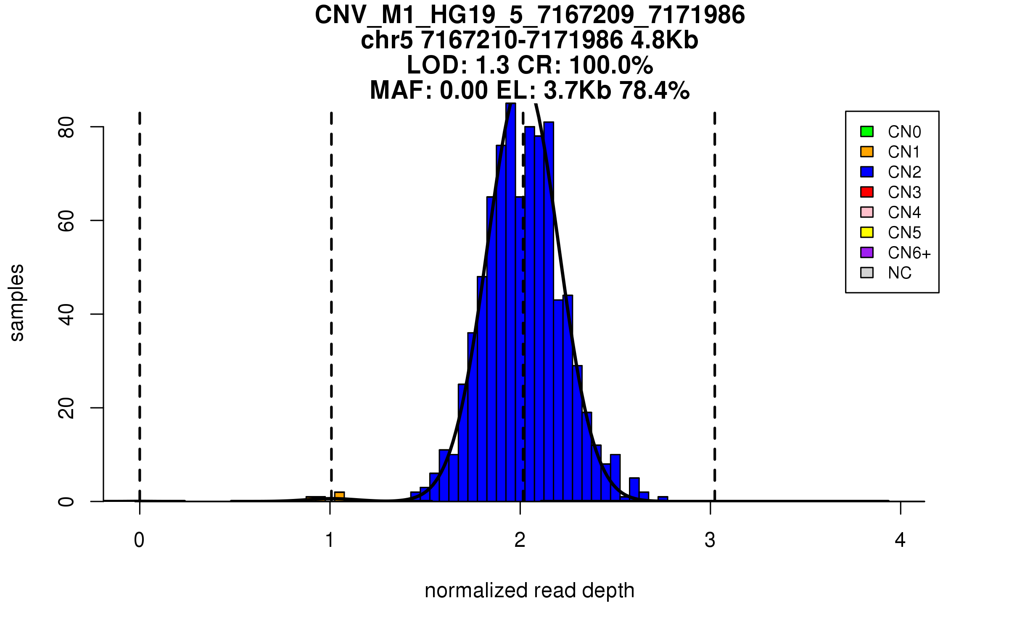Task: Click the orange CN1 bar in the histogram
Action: click(x=339, y=496)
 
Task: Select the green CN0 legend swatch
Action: click(x=867, y=131)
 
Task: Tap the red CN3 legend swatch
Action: click(x=867, y=192)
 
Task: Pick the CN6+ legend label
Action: click(x=909, y=253)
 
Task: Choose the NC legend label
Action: click(x=899, y=273)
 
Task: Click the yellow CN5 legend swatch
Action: click(x=867, y=232)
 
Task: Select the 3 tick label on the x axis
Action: click(x=710, y=540)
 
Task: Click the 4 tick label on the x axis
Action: click(x=900, y=540)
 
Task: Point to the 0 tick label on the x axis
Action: click(x=139, y=540)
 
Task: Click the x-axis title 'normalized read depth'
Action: click(x=529, y=591)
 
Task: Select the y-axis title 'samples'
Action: click(x=17, y=302)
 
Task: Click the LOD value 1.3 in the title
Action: click(x=493, y=65)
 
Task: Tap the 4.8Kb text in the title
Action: click(x=664, y=40)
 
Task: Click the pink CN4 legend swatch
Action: click(x=867, y=212)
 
